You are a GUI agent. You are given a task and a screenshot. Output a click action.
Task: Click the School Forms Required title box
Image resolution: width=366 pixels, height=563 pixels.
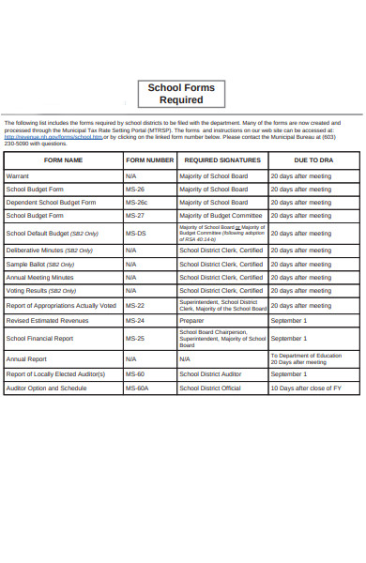[181, 94]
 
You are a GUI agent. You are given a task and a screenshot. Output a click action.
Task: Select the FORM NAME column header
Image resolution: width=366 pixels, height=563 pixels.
[63, 160]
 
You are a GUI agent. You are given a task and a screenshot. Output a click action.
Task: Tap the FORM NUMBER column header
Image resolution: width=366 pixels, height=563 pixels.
[149, 160]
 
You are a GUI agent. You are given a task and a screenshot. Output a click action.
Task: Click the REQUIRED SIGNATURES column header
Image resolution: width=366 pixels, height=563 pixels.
[222, 160]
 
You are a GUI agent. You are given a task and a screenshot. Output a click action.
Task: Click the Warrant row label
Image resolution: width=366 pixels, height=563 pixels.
[18, 175]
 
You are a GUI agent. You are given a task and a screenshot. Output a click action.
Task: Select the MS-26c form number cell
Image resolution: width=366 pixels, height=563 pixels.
[136, 202]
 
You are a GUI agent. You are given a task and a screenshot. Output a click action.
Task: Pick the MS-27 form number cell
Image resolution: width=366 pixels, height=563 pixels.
[134, 215]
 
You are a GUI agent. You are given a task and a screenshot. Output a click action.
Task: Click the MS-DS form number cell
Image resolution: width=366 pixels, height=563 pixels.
[135, 233]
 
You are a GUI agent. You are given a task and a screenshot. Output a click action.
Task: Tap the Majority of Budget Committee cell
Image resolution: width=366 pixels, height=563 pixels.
[221, 215]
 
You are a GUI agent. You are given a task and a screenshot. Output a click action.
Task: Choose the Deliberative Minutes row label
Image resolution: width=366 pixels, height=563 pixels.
[49, 251]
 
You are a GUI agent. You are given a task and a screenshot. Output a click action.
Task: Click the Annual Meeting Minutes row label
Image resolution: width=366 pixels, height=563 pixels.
[39, 278]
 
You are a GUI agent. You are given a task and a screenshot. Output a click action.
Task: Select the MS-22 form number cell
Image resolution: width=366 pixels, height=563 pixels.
[134, 306]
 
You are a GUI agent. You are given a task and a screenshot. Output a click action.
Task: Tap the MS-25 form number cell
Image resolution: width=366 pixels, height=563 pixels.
[134, 339]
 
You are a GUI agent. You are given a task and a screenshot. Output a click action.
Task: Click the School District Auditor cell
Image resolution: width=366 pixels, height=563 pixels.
[210, 373]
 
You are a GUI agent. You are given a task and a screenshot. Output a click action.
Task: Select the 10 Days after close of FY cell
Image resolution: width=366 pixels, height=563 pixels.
[305, 388]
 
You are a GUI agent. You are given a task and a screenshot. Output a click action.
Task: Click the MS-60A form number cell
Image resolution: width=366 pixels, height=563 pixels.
[137, 388]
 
